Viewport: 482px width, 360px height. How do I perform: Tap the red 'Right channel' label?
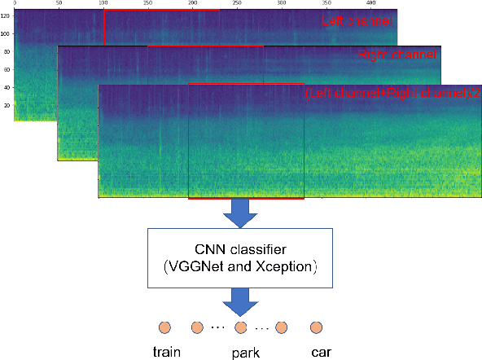tap(397, 55)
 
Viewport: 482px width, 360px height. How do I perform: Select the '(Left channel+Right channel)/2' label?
tap(392, 93)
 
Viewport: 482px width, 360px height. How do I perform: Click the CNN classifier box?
tap(230, 257)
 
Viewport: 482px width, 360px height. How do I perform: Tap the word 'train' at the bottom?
tap(168, 353)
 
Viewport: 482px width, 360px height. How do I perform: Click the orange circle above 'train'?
tap(165, 327)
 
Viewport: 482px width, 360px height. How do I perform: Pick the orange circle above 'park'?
tap(239, 327)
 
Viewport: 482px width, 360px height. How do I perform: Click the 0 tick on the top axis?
tap(15, 4)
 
